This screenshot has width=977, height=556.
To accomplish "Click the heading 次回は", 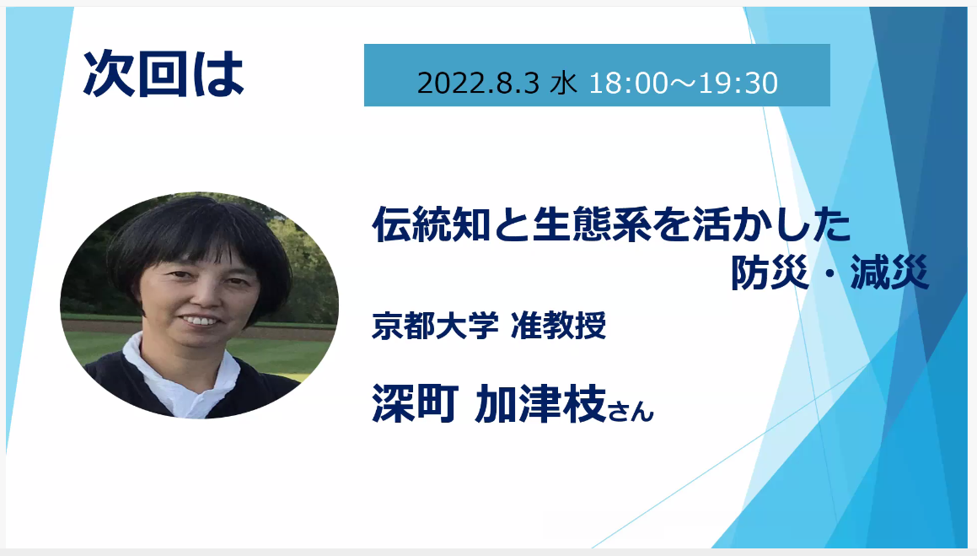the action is [x=164, y=73].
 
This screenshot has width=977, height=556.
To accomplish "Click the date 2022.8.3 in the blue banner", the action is [x=478, y=83].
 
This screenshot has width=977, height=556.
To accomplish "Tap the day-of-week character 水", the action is [x=563, y=83].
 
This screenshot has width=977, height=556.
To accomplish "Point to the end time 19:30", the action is [x=739, y=83].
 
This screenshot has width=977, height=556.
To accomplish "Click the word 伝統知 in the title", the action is [x=431, y=224].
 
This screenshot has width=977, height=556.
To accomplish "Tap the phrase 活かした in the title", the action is [x=770, y=224].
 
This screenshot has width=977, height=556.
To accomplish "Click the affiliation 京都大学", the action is [x=435, y=325].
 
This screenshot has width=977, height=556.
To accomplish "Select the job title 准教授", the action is [x=558, y=325].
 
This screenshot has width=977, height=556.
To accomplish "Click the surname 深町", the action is [x=415, y=403].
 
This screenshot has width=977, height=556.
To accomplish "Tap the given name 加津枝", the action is [x=540, y=403].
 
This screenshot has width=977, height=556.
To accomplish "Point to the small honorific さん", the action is [x=631, y=410].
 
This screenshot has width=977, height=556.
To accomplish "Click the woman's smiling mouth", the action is [x=200, y=321].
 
